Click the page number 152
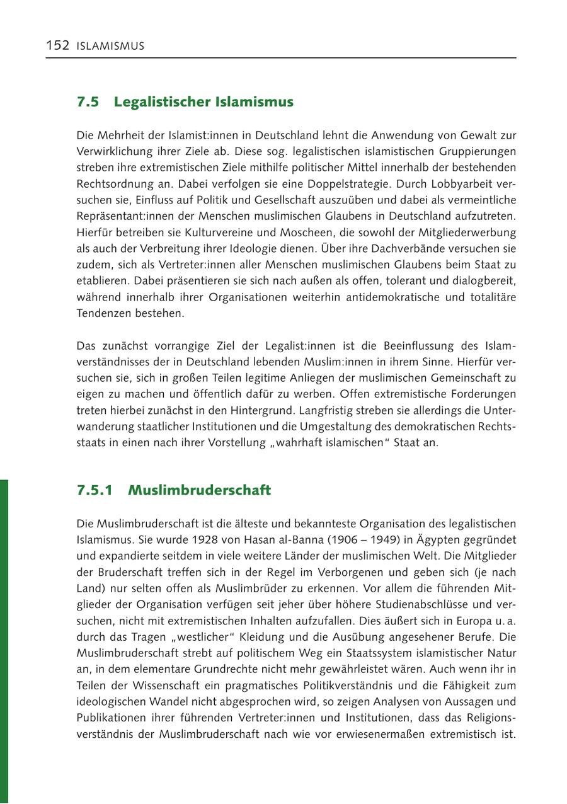[57, 45]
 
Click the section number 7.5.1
[94, 490]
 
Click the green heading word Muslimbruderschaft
[200, 490]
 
